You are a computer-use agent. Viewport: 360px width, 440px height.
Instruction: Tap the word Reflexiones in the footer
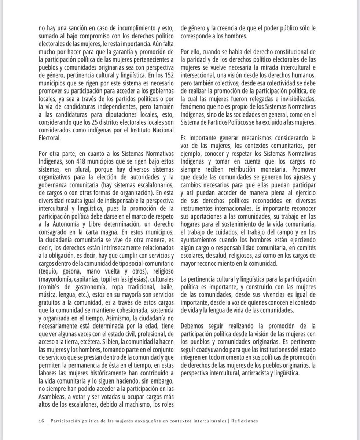pyautogui.click(x=244, y=421)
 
